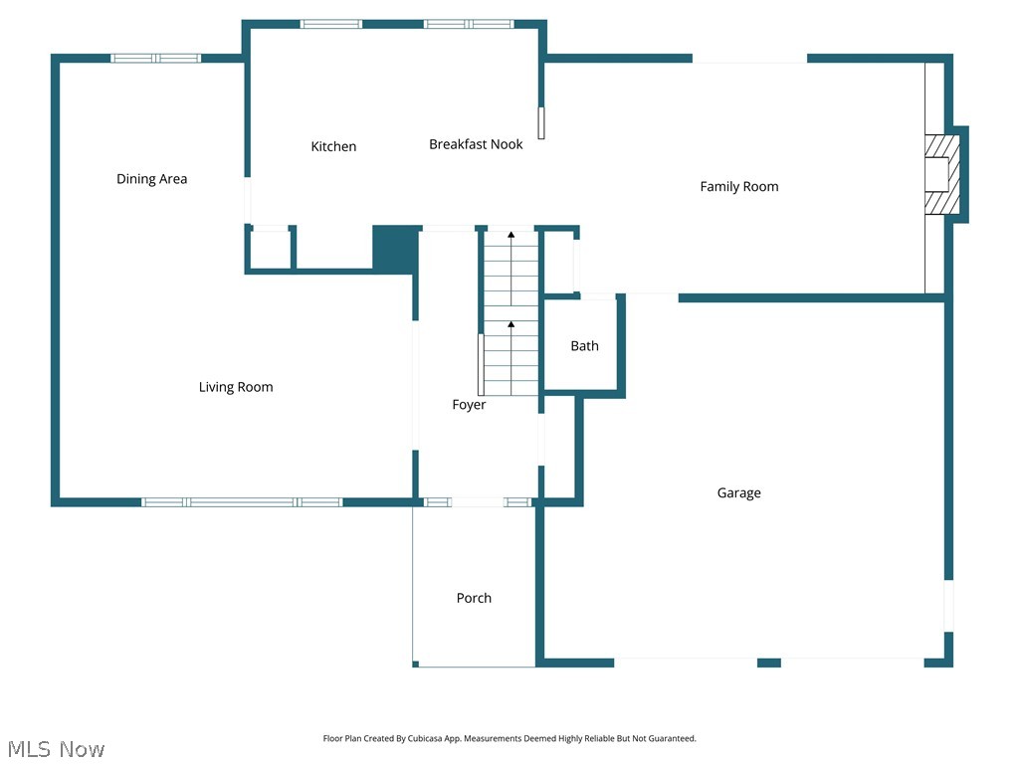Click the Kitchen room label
pos(333,147)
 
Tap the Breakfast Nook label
pos(476,144)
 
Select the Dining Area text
pos(151,179)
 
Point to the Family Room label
pos(738,187)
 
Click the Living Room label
pos(236,387)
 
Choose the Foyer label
pos(469,405)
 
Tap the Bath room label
pos(584,346)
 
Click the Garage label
pos(738,493)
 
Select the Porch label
pos(474,598)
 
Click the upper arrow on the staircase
pos(511,237)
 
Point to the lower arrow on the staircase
pos(511,325)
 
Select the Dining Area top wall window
pos(155,59)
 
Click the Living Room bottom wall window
pos(242,502)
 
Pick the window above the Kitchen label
pos(331,24)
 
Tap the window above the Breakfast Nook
pos(469,24)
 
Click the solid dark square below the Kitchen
pos(395,249)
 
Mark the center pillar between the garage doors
pos(768,663)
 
